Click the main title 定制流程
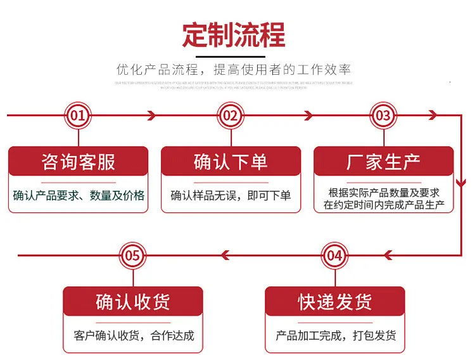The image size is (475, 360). (x=234, y=35)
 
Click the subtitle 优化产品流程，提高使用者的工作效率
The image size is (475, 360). (x=234, y=69)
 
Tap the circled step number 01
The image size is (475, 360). (x=78, y=115)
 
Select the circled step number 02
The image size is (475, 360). (x=231, y=115)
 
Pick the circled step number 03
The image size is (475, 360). (x=383, y=115)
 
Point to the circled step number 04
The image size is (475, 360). (x=335, y=255)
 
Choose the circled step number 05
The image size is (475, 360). (x=132, y=255)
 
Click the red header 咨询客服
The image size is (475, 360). (x=78, y=162)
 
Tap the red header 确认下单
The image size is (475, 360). (x=231, y=162)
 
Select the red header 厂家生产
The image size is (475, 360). (x=383, y=162)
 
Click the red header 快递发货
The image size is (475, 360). (x=335, y=302)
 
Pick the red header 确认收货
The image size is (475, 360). (x=132, y=302)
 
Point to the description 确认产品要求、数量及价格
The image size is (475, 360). (x=79, y=195)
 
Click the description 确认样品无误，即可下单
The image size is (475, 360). (x=231, y=195)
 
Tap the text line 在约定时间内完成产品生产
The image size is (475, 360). (x=384, y=205)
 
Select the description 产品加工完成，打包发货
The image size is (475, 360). (x=336, y=336)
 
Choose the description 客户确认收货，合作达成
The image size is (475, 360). (x=133, y=336)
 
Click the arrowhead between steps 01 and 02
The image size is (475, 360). (x=151, y=115)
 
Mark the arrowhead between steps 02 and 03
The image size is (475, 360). (x=308, y=115)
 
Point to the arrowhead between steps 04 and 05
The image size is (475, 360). (x=224, y=255)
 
